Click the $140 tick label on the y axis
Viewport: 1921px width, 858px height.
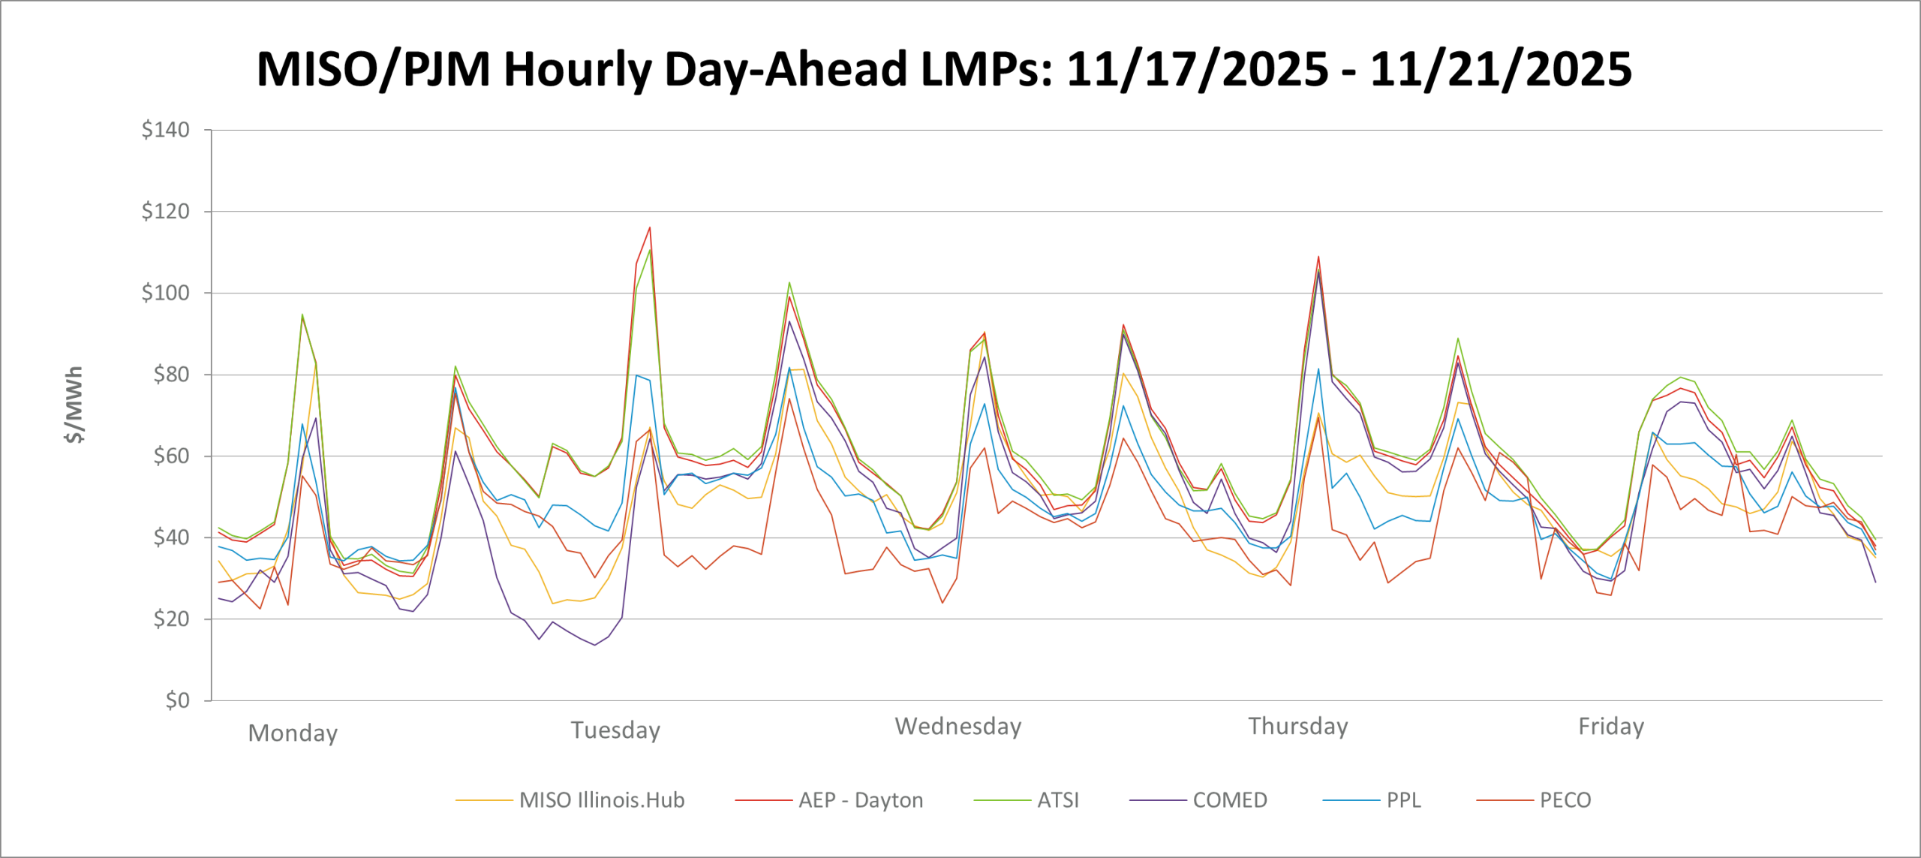[x=165, y=130]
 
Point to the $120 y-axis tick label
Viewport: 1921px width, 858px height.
[x=165, y=212]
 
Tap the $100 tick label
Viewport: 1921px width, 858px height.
[x=165, y=293]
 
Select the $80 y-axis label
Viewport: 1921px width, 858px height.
[x=171, y=375]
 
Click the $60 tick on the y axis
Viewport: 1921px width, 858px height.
[x=171, y=456]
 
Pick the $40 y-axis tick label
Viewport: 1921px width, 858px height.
[x=171, y=537]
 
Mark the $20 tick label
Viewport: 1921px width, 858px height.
[x=171, y=619]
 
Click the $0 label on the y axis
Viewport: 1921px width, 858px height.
[x=177, y=700]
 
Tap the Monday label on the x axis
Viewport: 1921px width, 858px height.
[x=293, y=733]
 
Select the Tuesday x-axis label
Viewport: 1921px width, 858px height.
[x=615, y=730]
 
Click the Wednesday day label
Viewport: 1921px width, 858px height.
[x=958, y=727]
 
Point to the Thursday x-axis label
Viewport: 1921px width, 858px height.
[x=1298, y=727]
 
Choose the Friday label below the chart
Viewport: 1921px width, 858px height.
[x=1611, y=727]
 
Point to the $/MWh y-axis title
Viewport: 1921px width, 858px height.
[x=74, y=405]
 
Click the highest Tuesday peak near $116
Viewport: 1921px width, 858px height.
[x=650, y=227]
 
